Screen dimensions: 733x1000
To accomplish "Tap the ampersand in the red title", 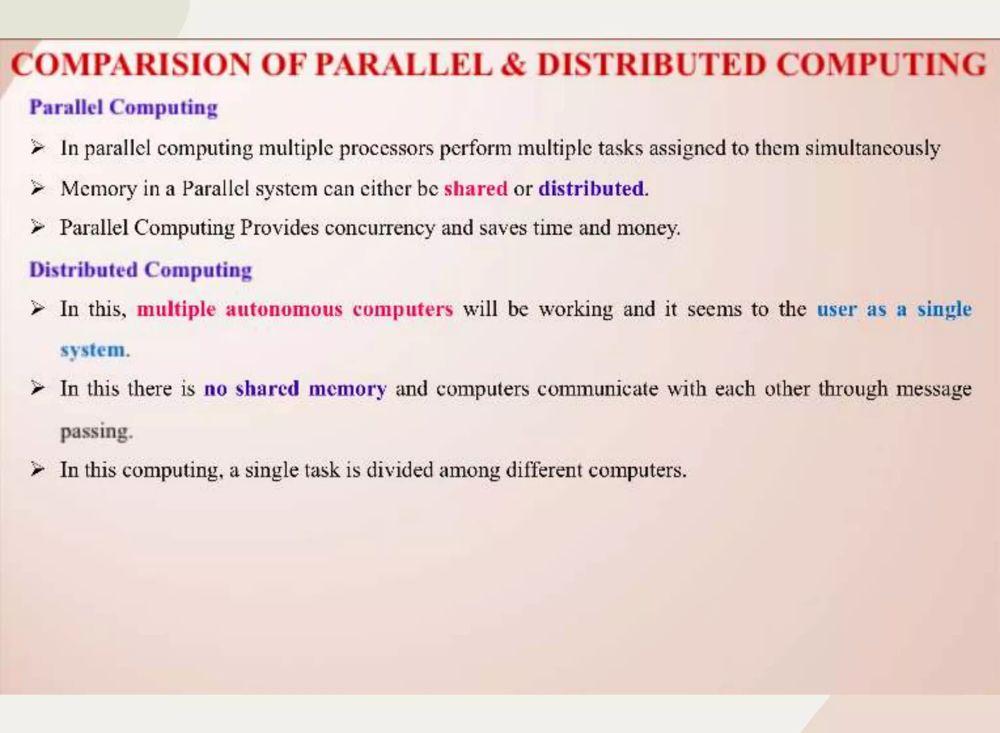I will coord(514,64).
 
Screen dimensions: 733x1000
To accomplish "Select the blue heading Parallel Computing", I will coord(124,107).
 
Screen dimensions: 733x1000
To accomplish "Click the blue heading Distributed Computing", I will coord(141,270).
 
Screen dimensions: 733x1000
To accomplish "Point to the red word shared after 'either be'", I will coord(476,188).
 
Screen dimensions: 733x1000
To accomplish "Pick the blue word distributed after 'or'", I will coord(591,188).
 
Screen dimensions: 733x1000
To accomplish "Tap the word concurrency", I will coord(379,228).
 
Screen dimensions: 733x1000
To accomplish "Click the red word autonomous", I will coord(284,309).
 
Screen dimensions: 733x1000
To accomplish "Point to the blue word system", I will coord(93,350).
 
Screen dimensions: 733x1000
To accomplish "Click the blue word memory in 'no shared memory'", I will coord(347,389).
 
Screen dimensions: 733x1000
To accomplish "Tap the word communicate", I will coord(598,389).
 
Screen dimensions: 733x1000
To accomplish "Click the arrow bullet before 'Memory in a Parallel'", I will coord(38,188).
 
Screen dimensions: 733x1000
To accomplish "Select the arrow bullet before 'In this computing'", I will coord(38,469).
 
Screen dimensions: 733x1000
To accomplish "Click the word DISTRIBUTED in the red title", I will coord(651,64).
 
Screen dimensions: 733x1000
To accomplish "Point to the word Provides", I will coord(279,228).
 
